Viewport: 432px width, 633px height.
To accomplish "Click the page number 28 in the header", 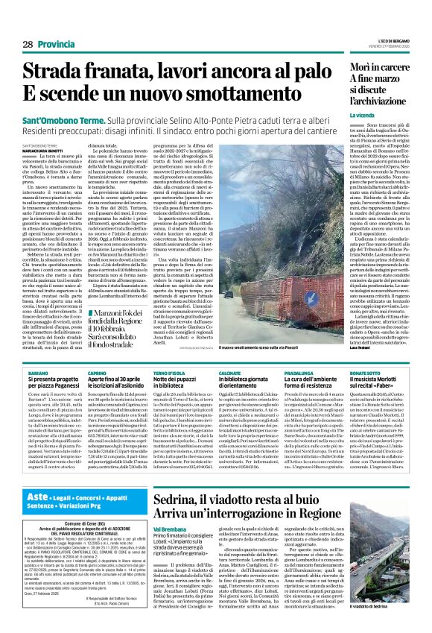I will (x=27, y=45).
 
